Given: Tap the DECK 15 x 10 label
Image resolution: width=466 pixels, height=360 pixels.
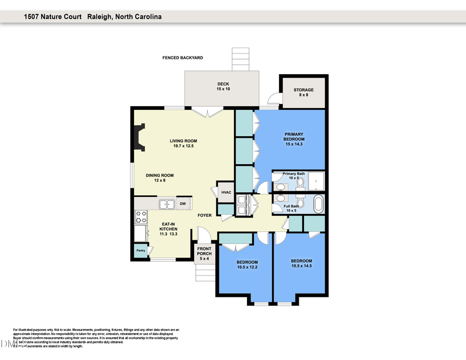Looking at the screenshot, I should coord(223,87).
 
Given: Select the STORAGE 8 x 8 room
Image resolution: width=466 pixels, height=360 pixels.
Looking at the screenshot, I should coord(303,92).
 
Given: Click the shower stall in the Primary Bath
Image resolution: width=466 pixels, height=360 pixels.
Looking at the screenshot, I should coord(316,181).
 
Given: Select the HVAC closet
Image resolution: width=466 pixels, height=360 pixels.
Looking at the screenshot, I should coord(226,192).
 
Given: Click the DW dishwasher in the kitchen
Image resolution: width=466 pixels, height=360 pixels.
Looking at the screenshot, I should coord(183,204).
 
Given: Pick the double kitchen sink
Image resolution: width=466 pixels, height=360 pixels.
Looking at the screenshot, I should coord(166,204).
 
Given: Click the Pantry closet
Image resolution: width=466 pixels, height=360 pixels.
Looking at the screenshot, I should coord(140,251).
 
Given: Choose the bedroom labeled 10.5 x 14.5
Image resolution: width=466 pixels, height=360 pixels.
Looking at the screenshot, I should coord(301,263).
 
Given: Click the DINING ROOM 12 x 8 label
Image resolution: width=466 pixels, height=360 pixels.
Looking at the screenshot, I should coord(159,178).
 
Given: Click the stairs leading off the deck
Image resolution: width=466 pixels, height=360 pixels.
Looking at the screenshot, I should coord(240,60).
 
